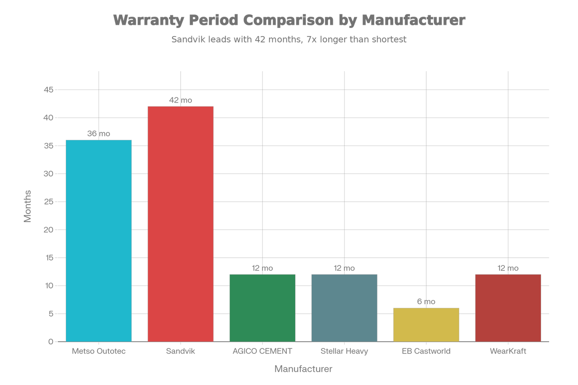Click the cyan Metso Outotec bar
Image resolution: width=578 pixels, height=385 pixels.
(x=98, y=240)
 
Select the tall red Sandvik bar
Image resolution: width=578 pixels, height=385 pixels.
(x=181, y=223)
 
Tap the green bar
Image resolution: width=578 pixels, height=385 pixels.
(x=262, y=307)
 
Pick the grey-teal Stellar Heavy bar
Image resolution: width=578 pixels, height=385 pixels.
(x=344, y=307)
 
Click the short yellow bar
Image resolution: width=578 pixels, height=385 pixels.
(x=426, y=324)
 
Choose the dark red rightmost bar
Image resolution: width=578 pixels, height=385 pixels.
(x=508, y=307)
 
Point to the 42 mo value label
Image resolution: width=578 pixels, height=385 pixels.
(x=181, y=100)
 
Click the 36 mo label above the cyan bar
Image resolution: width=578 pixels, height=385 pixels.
(x=98, y=134)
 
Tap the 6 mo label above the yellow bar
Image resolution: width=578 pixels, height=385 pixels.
(x=426, y=302)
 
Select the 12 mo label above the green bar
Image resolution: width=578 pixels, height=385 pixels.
(x=262, y=268)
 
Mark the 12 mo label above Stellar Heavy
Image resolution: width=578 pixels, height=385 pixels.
(x=344, y=268)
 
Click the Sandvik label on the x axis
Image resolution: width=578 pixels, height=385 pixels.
(x=181, y=351)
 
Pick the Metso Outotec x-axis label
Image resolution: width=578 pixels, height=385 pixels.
(x=98, y=351)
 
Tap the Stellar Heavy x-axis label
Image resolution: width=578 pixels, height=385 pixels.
(x=344, y=351)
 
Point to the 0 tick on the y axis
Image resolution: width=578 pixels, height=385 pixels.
(x=50, y=342)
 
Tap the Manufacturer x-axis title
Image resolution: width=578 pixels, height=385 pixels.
(x=303, y=369)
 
